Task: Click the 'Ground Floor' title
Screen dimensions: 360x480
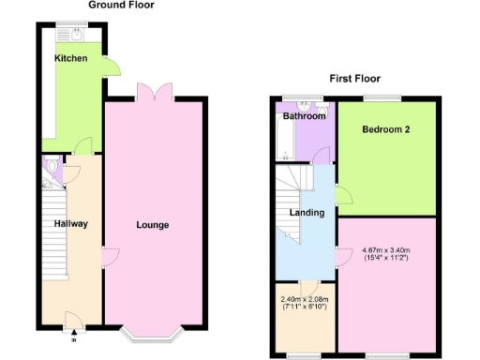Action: pos(121,6)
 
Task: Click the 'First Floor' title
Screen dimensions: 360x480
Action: pos(354,79)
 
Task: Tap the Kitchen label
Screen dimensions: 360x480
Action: pos(71,59)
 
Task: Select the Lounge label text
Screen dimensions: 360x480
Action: pos(152,225)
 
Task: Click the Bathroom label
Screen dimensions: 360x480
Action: pos(305,117)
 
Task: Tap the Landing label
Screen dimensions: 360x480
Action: pos(307,213)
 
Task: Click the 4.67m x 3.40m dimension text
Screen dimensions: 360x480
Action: pos(386,250)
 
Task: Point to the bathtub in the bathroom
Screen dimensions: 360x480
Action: pos(283,140)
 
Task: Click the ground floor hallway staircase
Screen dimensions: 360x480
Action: pos(56,230)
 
